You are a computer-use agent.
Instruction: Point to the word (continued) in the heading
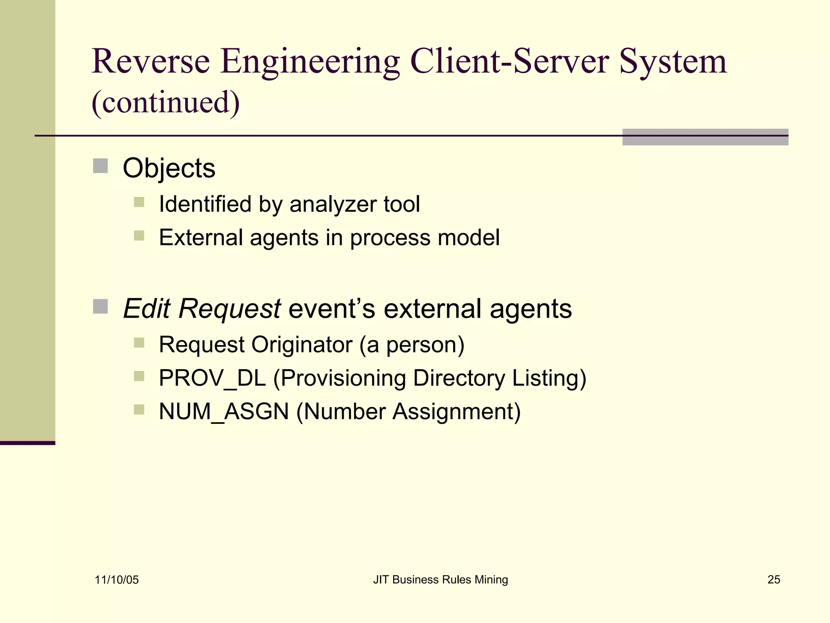coord(166,102)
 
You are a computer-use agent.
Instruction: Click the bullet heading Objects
coord(169,168)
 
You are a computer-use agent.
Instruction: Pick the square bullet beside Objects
coord(101,166)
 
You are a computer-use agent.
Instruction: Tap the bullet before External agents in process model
coord(139,236)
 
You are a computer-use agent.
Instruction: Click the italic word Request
coord(229,309)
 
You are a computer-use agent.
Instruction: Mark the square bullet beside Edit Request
coord(101,307)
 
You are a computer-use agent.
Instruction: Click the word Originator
coord(302,345)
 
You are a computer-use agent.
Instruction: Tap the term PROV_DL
coord(212,378)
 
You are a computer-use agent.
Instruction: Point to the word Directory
coord(459,378)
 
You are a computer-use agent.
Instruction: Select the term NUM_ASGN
coord(224,412)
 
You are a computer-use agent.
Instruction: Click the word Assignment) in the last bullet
coord(457,412)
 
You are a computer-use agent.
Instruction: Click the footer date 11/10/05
coord(117,580)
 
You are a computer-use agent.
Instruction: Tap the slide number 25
coord(774,580)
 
